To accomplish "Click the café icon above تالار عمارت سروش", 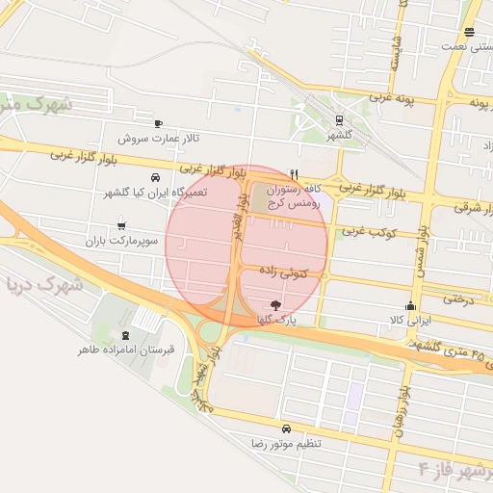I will [159, 123].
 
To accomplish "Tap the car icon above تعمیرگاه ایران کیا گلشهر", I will [155, 178].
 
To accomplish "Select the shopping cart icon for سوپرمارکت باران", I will [120, 226].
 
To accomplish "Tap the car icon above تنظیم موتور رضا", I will [286, 428].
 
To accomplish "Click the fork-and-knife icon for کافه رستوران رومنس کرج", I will [294, 174].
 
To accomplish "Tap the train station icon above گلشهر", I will [339, 120].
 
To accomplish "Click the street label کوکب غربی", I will [364, 231].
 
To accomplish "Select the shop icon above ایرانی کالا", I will [411, 306].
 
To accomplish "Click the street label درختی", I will [459, 300].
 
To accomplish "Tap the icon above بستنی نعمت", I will [469, 32].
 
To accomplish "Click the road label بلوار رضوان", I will [400, 409].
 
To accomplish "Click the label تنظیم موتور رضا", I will [286, 443].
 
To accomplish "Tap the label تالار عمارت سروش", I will [159, 138].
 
